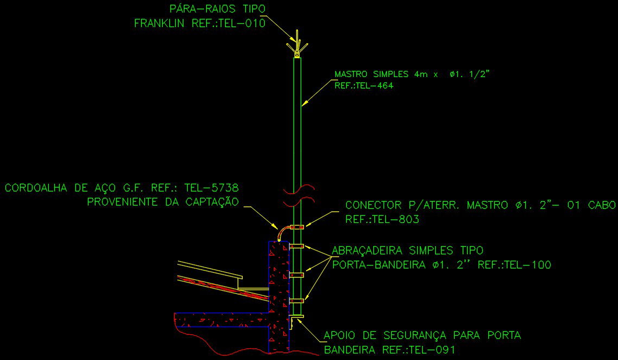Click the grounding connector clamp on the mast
pos(296,227)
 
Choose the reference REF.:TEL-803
pos(382,220)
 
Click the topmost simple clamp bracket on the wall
pos(296,247)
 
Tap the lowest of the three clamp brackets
pos(296,300)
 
